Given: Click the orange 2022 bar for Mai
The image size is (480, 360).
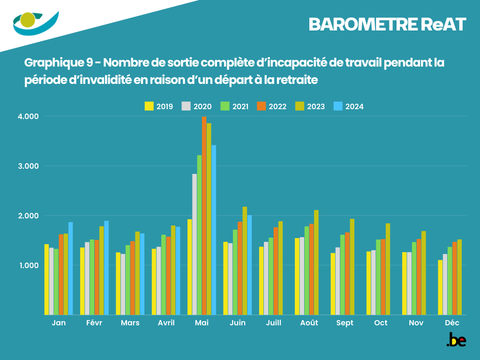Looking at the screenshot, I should (x=204, y=216).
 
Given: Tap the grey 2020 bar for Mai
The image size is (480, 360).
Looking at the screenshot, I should (x=195, y=244).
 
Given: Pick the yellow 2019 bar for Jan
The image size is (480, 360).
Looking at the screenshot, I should (x=47, y=279).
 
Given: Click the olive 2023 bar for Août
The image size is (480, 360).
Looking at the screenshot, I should (x=316, y=262).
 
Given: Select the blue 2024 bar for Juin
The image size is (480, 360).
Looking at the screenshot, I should (x=249, y=265).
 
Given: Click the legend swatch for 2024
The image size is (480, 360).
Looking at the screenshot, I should (x=338, y=106).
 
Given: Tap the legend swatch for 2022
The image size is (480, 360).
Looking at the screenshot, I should (x=261, y=106).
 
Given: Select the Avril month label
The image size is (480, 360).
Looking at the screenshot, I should (x=166, y=323).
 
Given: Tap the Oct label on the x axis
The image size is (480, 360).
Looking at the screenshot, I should (x=381, y=323).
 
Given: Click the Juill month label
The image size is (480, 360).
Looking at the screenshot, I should (x=273, y=323).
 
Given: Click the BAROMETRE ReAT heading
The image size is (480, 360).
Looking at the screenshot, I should (x=387, y=25).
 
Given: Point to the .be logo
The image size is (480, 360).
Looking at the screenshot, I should (x=456, y=340).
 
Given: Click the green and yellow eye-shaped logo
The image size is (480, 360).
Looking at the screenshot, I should (x=35, y=22).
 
